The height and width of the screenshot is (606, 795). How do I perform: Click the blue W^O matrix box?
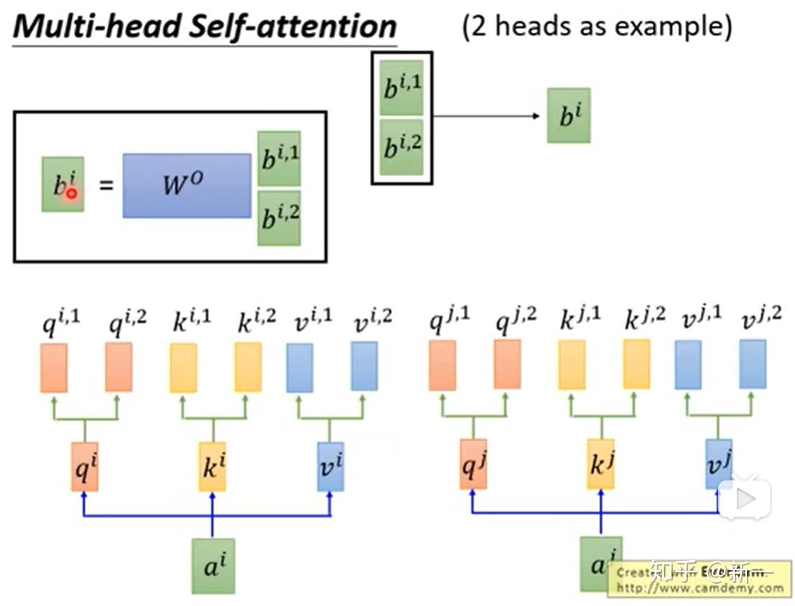click(x=187, y=186)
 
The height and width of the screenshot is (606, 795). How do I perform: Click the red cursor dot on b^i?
click(x=72, y=193)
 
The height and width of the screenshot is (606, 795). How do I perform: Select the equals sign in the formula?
click(x=106, y=186)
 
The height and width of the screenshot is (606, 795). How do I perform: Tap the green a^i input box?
click(x=213, y=566)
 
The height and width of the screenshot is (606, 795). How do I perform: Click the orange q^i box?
click(x=85, y=466)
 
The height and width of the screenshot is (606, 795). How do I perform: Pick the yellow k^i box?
click(x=212, y=466)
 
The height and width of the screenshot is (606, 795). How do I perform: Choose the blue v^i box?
click(x=330, y=466)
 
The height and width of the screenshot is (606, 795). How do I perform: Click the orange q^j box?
click(x=473, y=464)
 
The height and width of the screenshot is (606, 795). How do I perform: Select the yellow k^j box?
click(x=600, y=464)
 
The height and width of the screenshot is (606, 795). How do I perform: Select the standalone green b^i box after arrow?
click(x=568, y=115)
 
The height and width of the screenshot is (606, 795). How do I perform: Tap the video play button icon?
click(x=744, y=497)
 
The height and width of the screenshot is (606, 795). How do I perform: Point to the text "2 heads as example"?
click(x=597, y=27)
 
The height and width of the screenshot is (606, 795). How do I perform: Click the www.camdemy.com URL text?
click(x=699, y=588)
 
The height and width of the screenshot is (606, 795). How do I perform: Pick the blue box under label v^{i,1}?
click(x=299, y=368)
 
